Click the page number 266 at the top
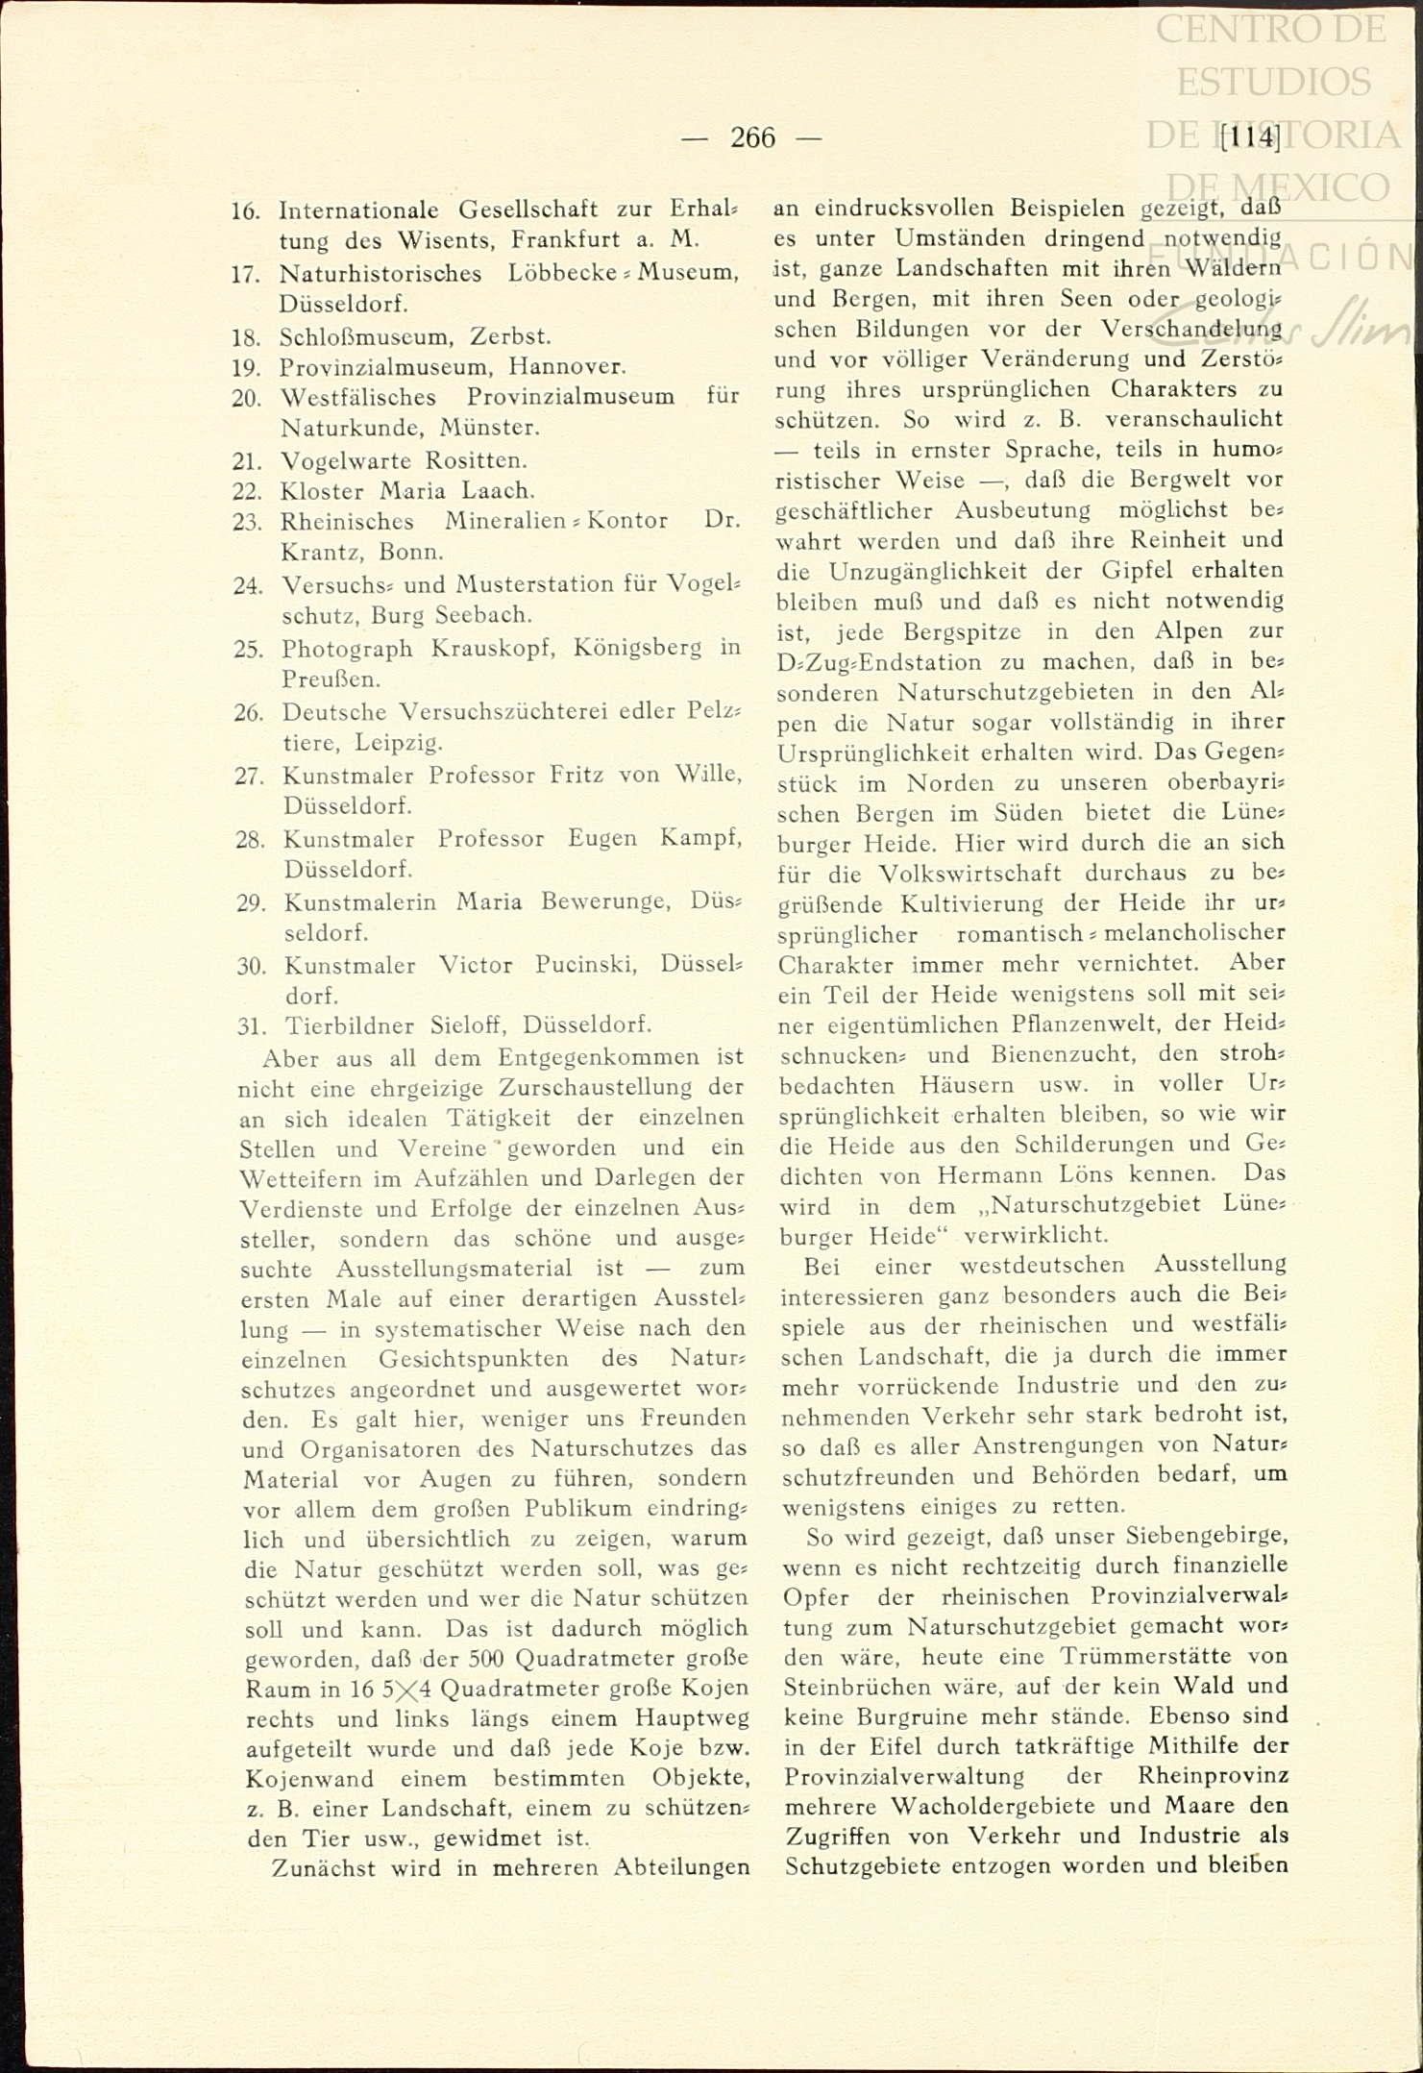(x=752, y=138)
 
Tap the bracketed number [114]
(x=1250, y=137)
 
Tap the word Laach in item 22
(x=496, y=491)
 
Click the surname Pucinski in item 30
(x=578, y=965)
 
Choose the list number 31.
(x=251, y=1026)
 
